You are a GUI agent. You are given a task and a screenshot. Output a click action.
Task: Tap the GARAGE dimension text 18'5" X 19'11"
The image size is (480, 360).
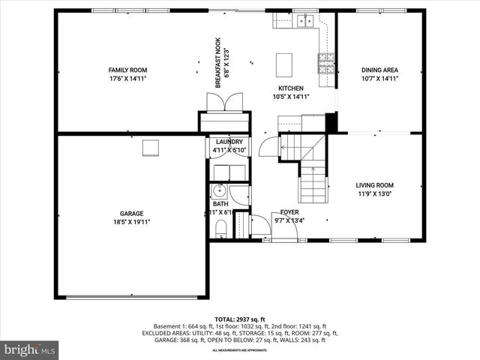(x=131, y=222)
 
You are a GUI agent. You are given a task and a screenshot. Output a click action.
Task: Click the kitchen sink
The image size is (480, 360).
(x=304, y=21)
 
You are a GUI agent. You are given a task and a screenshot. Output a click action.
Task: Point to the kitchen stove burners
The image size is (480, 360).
(x=326, y=63)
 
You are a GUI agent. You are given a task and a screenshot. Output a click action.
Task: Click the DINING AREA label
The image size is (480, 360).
(x=379, y=69)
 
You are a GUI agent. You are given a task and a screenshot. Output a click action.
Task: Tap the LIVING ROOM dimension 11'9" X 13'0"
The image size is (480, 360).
(x=374, y=194)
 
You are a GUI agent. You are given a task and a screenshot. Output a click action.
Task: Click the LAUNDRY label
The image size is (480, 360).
(x=229, y=142)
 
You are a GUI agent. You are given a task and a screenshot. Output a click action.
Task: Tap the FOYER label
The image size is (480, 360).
(x=289, y=212)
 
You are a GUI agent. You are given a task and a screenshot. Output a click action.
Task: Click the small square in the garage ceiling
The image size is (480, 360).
(x=151, y=147)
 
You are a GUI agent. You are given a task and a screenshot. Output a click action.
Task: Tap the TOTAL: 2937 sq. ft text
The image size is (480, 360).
(x=240, y=319)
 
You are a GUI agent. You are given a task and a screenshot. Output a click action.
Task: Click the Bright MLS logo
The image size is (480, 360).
(x=30, y=349)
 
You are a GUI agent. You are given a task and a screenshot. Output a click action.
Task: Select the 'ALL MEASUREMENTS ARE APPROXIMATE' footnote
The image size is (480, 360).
(x=240, y=349)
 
